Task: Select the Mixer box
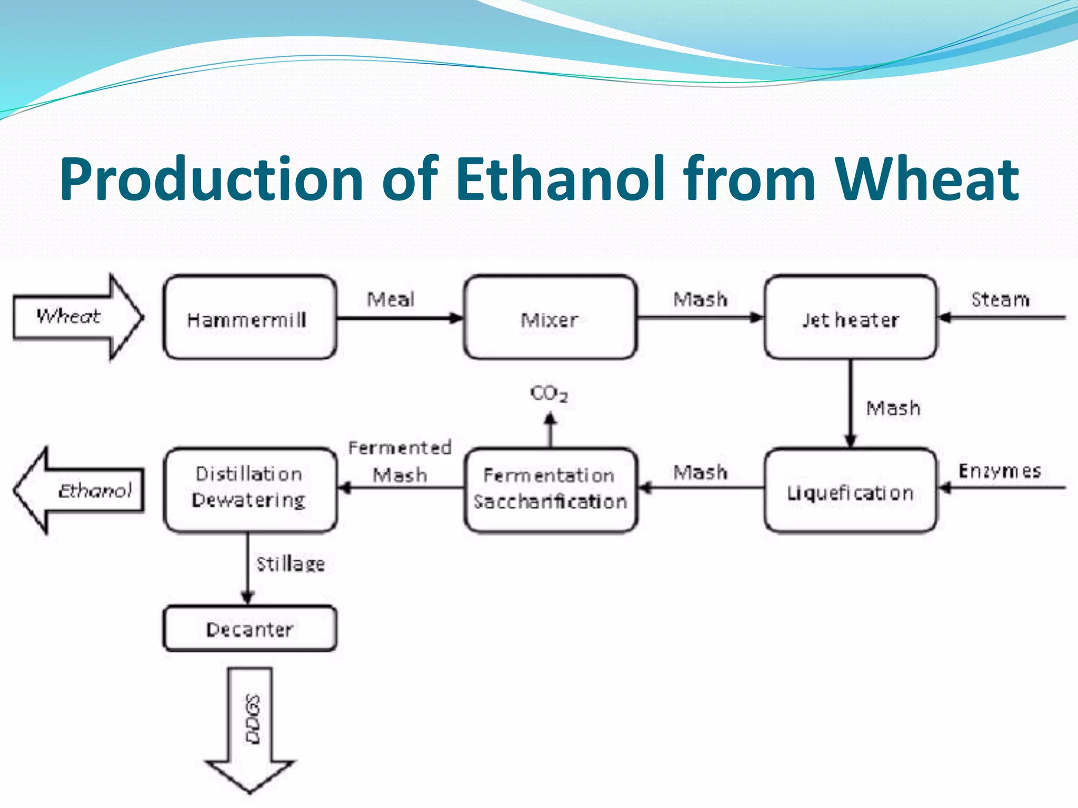pos(550,318)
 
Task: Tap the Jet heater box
pos(850,318)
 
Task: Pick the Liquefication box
pos(850,491)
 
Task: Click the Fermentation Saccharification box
pos(550,490)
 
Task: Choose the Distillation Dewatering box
pos(249,489)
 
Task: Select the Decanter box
pos(249,629)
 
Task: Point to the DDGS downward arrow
pos(251,726)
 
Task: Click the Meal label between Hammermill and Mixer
pos(391,299)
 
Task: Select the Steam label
pos(1000,299)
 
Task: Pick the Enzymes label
pos(1000,470)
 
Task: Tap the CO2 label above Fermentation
pos(548,393)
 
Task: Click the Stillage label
pos(290,564)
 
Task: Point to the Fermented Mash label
pos(400,461)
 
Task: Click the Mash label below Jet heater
pos(893,408)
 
